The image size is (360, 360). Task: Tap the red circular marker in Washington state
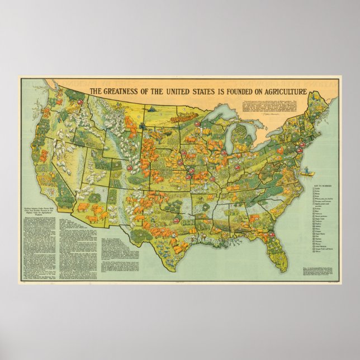79,103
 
